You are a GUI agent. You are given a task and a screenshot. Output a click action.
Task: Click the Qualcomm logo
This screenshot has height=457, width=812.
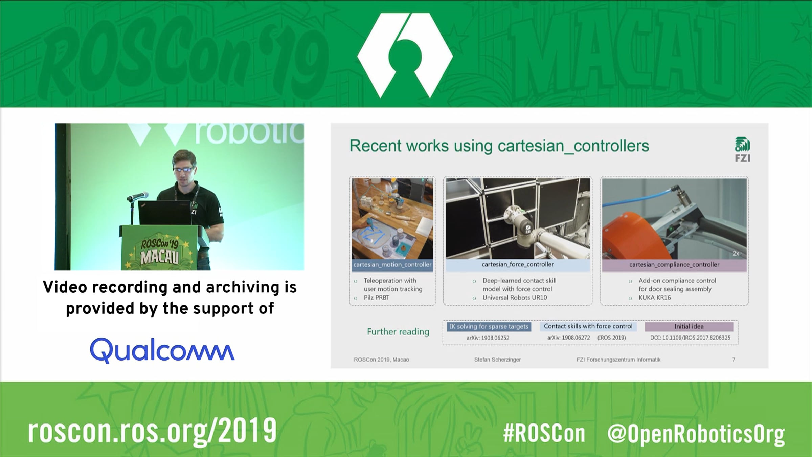(162, 350)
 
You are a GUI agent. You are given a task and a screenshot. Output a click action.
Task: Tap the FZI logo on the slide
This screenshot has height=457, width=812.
(742, 150)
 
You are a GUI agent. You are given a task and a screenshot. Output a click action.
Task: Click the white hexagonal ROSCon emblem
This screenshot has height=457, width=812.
(405, 55)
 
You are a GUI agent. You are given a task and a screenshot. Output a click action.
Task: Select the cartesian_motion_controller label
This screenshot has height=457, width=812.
(392, 265)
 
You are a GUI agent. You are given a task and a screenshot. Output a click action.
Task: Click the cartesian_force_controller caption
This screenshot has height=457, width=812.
(518, 265)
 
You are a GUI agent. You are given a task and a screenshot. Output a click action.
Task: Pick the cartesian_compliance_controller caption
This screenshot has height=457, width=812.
(674, 265)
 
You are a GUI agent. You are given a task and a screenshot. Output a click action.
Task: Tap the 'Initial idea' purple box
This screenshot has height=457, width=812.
(689, 326)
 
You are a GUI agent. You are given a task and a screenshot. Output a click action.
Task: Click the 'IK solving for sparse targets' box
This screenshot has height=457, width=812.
(489, 326)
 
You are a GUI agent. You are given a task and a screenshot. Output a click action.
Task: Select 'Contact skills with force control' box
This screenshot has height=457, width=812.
(588, 326)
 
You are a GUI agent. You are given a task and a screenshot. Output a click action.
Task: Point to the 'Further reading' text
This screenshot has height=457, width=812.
(398, 332)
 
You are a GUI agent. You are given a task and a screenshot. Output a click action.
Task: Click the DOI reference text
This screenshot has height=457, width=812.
(690, 338)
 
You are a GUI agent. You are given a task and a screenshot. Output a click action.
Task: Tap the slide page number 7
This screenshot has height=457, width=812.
(734, 360)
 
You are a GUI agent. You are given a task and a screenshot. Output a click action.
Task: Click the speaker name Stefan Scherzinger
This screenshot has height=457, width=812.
(497, 360)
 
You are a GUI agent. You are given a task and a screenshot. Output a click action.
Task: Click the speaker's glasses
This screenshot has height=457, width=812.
(183, 169)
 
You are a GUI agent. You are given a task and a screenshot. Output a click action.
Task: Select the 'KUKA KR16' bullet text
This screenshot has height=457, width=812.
(655, 298)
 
